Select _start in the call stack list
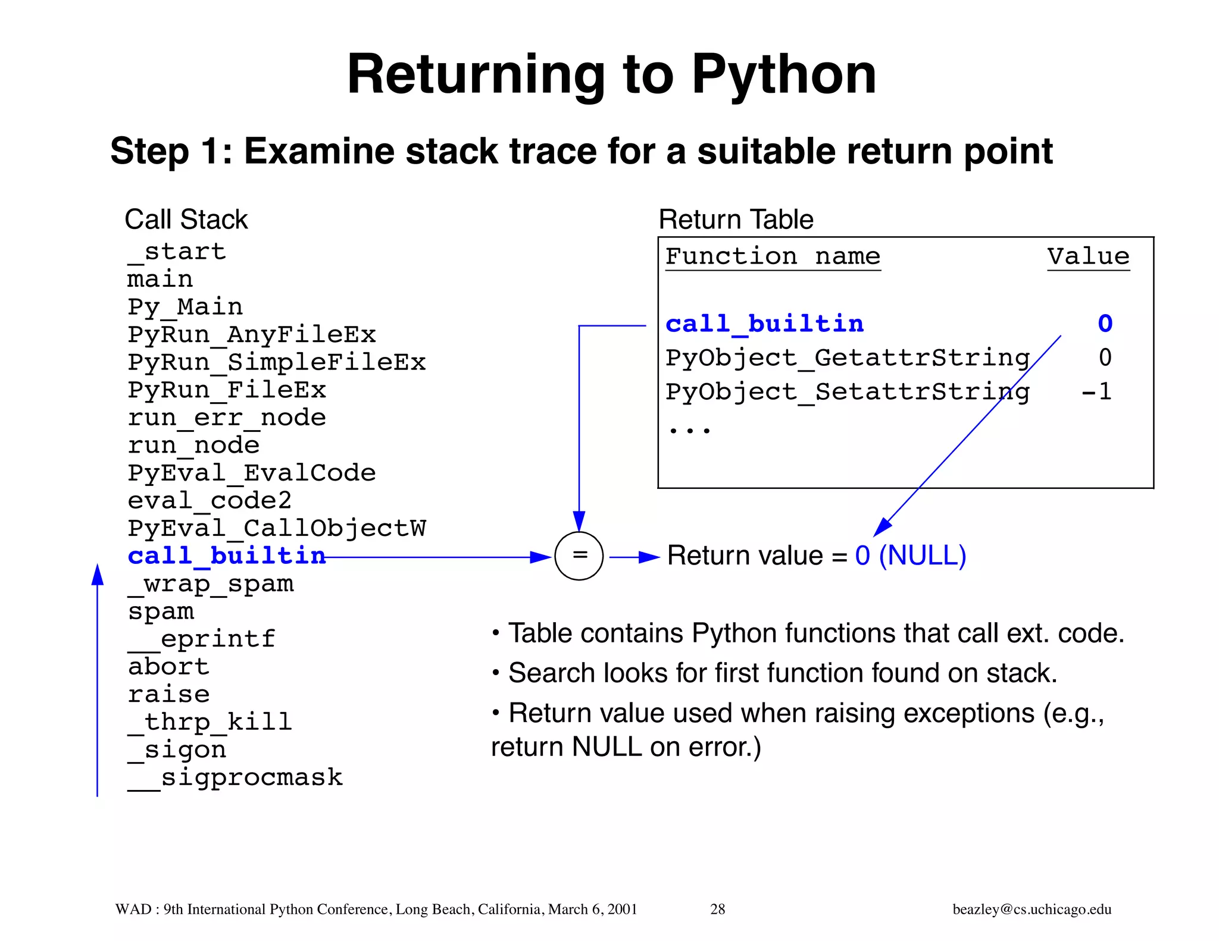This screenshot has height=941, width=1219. click(x=177, y=252)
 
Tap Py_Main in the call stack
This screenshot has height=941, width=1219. click(x=185, y=307)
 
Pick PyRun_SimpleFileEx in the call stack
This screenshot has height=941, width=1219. click(x=277, y=362)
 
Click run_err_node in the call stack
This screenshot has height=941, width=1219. click(x=227, y=418)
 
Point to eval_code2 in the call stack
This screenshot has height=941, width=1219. click(x=210, y=501)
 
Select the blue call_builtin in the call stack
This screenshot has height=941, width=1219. click(x=227, y=556)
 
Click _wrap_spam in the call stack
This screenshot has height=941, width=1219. click(x=211, y=584)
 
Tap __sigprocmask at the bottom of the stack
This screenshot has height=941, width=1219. click(x=235, y=777)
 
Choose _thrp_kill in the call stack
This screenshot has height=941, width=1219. click(x=210, y=722)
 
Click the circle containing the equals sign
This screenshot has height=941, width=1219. click(x=579, y=556)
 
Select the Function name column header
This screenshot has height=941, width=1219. click(x=773, y=257)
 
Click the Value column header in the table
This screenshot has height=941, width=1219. click(x=1088, y=257)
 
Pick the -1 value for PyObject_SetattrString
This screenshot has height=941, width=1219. click(x=1096, y=392)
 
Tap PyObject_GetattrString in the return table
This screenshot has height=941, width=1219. click(x=847, y=358)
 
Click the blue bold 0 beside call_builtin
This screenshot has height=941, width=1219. click(x=1105, y=324)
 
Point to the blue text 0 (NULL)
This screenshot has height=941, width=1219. click(x=910, y=556)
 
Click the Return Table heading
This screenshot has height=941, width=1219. click(x=736, y=219)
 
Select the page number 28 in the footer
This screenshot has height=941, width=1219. click(x=717, y=909)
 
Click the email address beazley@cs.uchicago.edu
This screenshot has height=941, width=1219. click(x=1032, y=909)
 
